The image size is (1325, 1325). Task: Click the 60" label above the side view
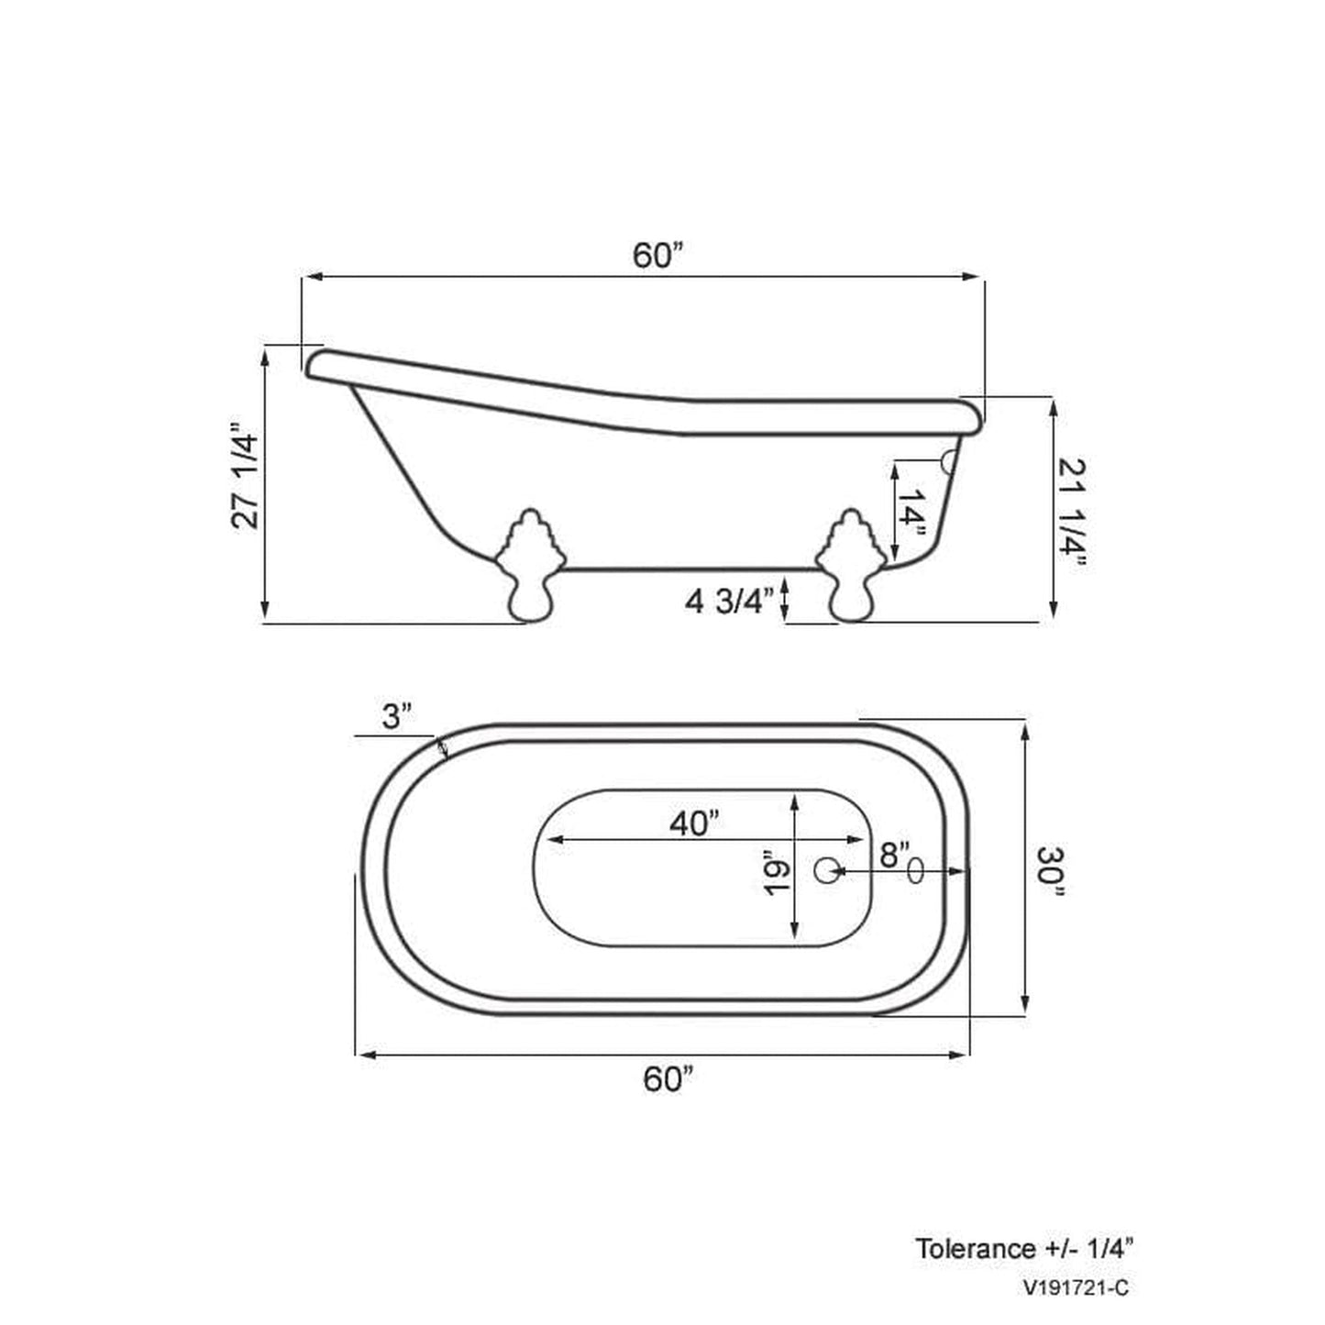(658, 256)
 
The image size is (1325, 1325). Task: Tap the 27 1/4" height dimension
(247, 476)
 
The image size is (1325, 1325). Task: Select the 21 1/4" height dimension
(1071, 513)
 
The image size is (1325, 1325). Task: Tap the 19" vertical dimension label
(776, 878)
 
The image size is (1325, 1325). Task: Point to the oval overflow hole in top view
(915, 870)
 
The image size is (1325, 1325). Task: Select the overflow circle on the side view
(949, 459)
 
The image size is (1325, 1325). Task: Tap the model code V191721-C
(1077, 1288)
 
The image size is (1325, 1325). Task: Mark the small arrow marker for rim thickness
(443, 749)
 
